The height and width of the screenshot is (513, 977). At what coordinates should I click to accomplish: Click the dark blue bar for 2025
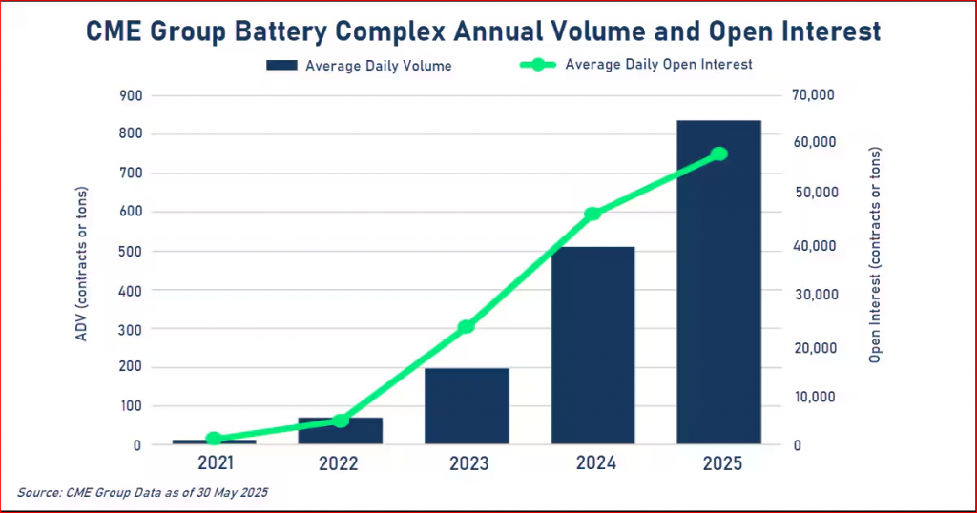pos(718,286)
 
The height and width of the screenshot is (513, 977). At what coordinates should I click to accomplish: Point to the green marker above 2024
pos(592,214)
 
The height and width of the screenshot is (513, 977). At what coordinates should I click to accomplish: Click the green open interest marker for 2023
pos(467,327)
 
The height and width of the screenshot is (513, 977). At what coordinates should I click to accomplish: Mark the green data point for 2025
pos(719,154)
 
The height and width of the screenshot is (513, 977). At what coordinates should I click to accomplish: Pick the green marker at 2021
pos(215,439)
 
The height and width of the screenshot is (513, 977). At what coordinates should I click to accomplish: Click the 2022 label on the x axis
pos(339,464)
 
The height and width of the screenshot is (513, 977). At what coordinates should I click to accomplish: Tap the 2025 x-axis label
pos(719,464)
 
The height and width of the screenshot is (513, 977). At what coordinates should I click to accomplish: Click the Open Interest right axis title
pos(875,255)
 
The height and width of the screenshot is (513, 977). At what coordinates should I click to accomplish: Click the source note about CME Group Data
pos(143,493)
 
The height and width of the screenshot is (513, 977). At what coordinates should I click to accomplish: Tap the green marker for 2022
pos(341,421)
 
